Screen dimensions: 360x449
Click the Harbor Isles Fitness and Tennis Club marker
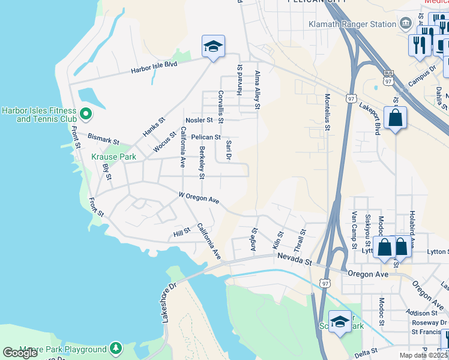(x=85, y=113)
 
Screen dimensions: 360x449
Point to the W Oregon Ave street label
(x=199, y=198)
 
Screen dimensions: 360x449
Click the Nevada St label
(x=295, y=259)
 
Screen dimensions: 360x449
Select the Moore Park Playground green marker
(x=116, y=349)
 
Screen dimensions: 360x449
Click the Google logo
(x=20, y=353)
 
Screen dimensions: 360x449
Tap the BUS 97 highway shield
(x=387, y=79)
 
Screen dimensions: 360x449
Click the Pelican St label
(x=206, y=137)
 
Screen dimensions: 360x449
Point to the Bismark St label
(x=103, y=139)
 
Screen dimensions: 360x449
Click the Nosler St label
(x=199, y=120)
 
